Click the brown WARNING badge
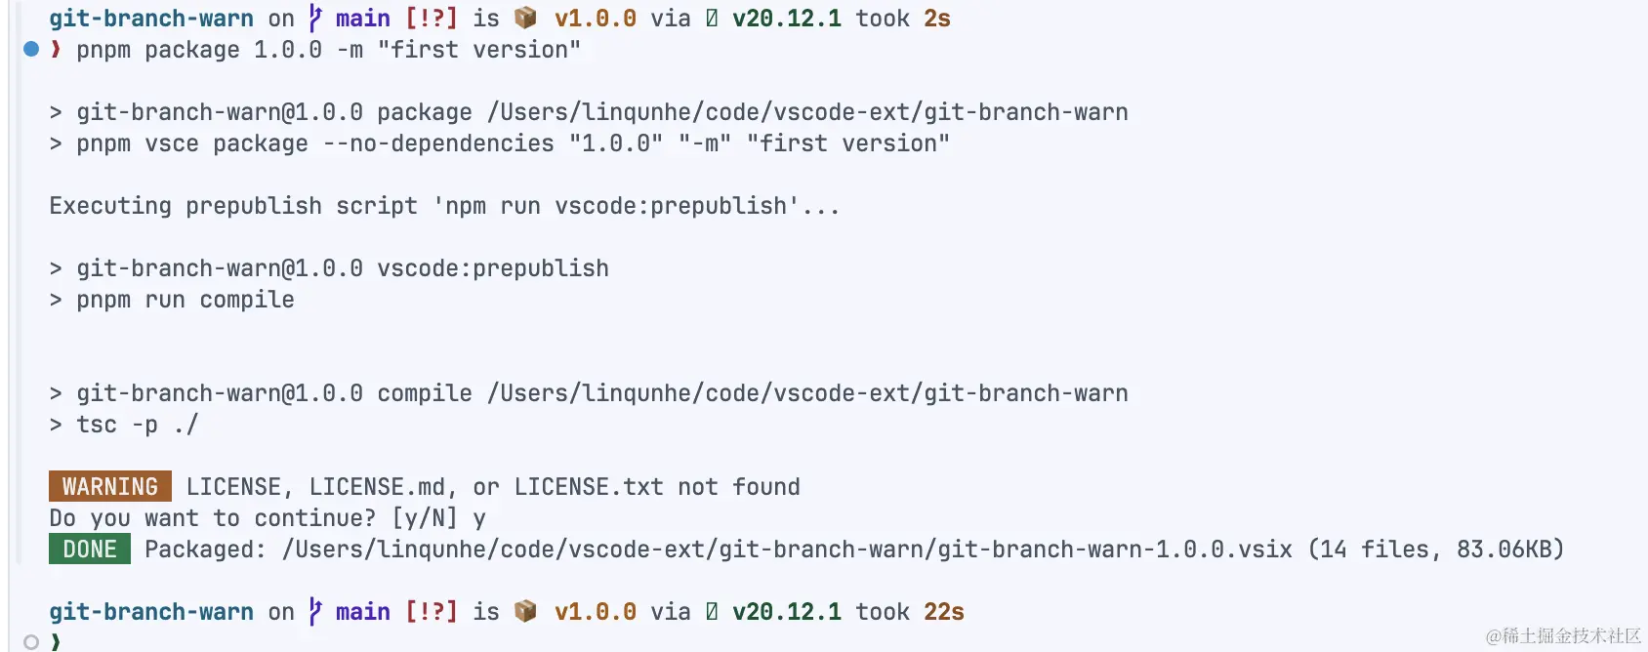tap(109, 486)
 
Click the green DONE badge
tap(89, 549)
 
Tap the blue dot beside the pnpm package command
tap(31, 49)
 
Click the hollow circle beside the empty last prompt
tap(31, 641)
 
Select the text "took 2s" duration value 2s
tap(936, 19)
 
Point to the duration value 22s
tap(943, 612)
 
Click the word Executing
tap(109, 206)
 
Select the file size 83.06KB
tap(1509, 550)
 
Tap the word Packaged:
tap(205, 550)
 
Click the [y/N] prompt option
tap(424, 518)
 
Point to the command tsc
tap(96, 425)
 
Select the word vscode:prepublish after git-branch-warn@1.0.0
tap(492, 268)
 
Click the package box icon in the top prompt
tap(525, 19)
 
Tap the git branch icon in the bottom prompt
tap(315, 612)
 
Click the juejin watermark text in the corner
tap(1563, 635)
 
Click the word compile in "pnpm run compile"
tap(247, 300)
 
